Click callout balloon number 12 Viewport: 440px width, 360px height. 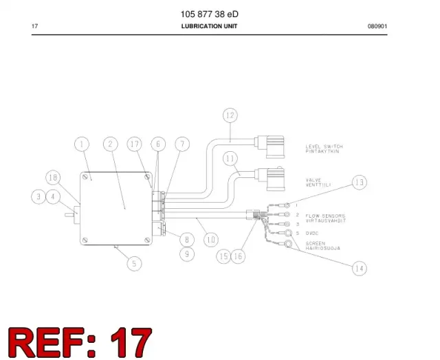230,115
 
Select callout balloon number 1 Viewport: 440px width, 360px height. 82,144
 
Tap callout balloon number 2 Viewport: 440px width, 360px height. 111,144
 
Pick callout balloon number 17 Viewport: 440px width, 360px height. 135,144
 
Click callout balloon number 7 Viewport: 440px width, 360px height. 182,144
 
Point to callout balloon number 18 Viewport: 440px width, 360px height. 53,177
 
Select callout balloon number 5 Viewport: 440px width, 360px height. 134,264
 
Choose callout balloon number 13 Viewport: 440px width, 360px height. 359,182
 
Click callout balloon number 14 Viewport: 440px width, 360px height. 359,269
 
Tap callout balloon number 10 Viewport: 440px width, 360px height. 211,240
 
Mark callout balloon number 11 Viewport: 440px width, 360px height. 230,159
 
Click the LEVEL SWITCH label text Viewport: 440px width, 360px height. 324,146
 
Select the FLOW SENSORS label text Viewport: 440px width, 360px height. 325,216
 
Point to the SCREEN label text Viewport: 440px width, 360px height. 316,243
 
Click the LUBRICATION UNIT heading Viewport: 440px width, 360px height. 209,26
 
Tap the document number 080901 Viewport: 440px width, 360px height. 377,26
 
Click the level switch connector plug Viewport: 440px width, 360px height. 269,146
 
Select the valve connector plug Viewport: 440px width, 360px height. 270,179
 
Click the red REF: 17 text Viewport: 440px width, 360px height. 80,342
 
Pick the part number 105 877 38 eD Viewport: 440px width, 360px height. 209,14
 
